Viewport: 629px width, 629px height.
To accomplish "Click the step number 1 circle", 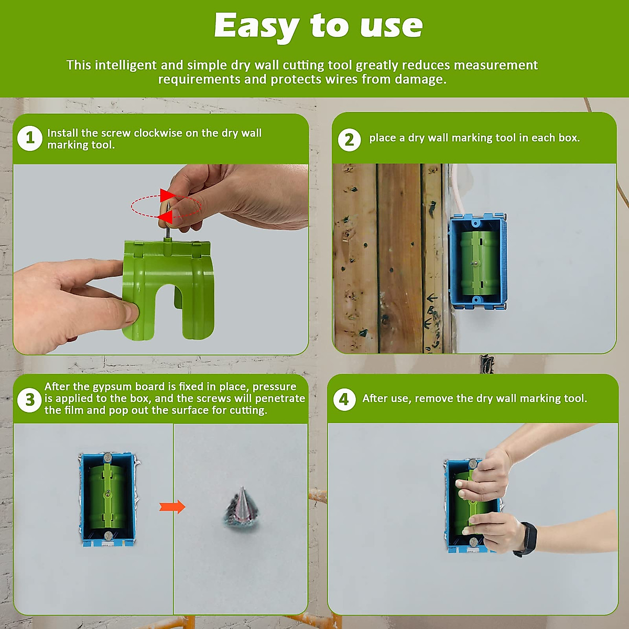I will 30,138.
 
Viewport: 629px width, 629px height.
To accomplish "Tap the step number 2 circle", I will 349,140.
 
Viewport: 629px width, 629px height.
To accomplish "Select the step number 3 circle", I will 30,400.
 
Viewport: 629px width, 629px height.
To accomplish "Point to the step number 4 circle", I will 344,399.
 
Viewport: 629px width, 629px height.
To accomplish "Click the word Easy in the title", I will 256,26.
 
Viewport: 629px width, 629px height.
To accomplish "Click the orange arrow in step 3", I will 172,507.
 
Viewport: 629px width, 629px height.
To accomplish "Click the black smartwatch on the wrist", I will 526,538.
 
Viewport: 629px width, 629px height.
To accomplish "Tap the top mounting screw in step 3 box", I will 107,458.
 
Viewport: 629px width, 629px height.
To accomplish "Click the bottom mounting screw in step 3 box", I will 108,536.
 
